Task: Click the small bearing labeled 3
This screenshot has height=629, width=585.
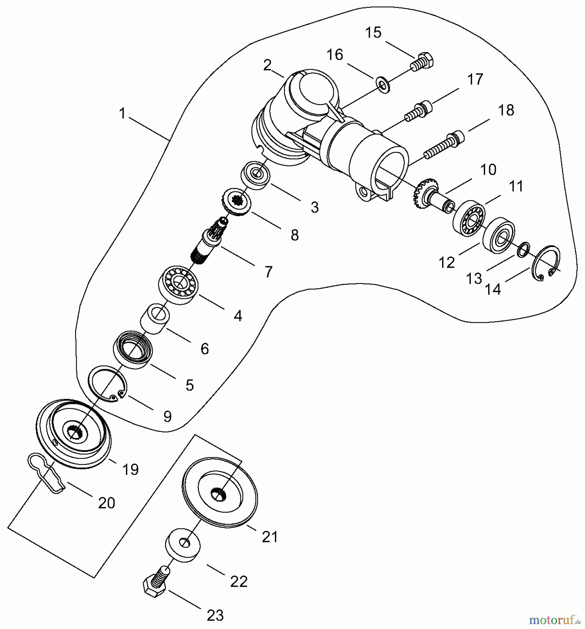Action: coord(256,175)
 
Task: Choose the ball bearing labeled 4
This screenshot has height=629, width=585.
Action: coord(179,284)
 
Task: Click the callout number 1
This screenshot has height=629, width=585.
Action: coord(122,114)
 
